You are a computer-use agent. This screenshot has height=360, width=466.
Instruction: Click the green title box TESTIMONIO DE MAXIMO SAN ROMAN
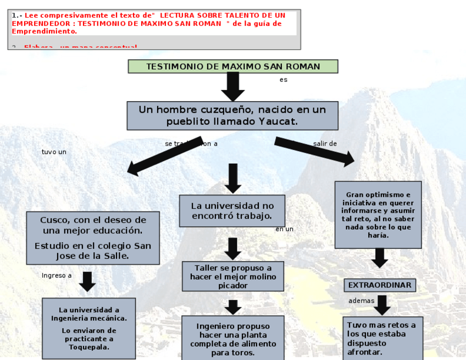tap(232, 67)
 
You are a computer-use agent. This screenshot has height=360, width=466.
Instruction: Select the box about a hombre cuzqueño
tap(232, 115)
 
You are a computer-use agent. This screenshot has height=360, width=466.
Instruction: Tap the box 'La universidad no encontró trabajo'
tap(232, 211)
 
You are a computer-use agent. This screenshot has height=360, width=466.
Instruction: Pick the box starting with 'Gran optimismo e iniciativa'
tap(378, 214)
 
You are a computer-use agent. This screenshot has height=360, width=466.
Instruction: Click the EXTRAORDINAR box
tap(379, 285)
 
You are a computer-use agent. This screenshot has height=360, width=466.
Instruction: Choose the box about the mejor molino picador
tap(233, 276)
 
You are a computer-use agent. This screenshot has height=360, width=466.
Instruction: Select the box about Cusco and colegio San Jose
tap(93, 238)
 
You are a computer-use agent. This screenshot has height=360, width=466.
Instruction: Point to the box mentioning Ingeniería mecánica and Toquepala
tap(89, 328)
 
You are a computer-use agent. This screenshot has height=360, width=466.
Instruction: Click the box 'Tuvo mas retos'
tap(382, 338)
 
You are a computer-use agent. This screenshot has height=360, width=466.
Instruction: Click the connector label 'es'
tap(283, 80)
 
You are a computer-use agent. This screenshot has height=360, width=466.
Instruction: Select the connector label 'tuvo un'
tap(54, 152)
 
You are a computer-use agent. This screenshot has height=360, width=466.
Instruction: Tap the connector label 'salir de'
tap(325, 144)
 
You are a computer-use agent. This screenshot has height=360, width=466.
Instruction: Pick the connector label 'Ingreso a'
tap(57, 275)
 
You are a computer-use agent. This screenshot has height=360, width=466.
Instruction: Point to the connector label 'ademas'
tap(361, 301)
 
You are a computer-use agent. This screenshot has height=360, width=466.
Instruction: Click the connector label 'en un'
tap(284, 229)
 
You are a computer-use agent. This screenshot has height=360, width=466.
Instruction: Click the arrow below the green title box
tap(232, 86)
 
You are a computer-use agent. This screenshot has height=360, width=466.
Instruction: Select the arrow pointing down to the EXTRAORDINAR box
tap(379, 258)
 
